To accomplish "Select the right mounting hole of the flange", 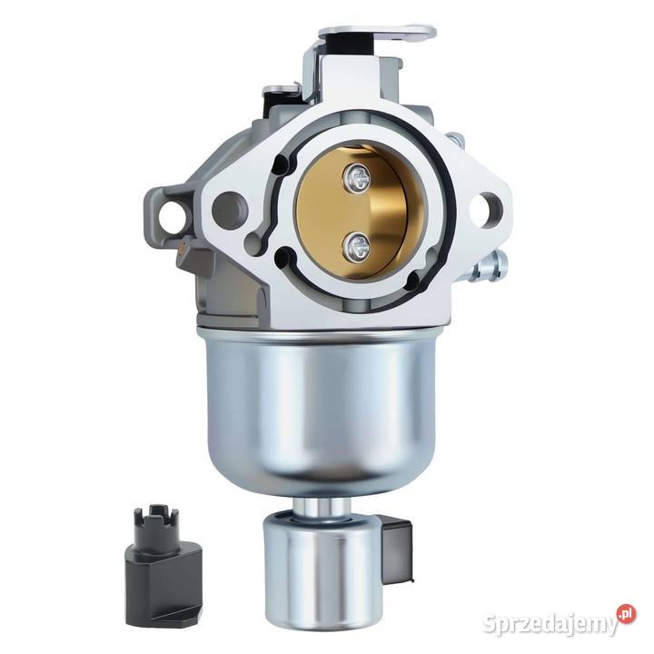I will tap(486, 210).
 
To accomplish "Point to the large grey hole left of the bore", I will tap(229, 210).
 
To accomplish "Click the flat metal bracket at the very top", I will tap(377, 36).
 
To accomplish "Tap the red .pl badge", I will tap(626, 614).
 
